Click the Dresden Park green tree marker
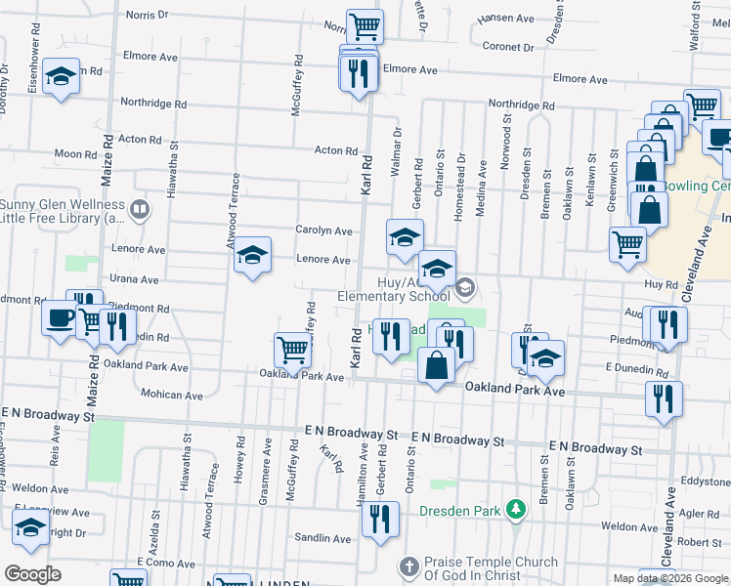click(517, 510)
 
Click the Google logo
click(32, 573)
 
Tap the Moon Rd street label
click(75, 153)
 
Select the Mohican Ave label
click(170, 395)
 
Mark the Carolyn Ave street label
click(323, 230)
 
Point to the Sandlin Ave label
click(322, 538)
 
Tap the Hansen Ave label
click(506, 19)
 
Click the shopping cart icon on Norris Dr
click(365, 25)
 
